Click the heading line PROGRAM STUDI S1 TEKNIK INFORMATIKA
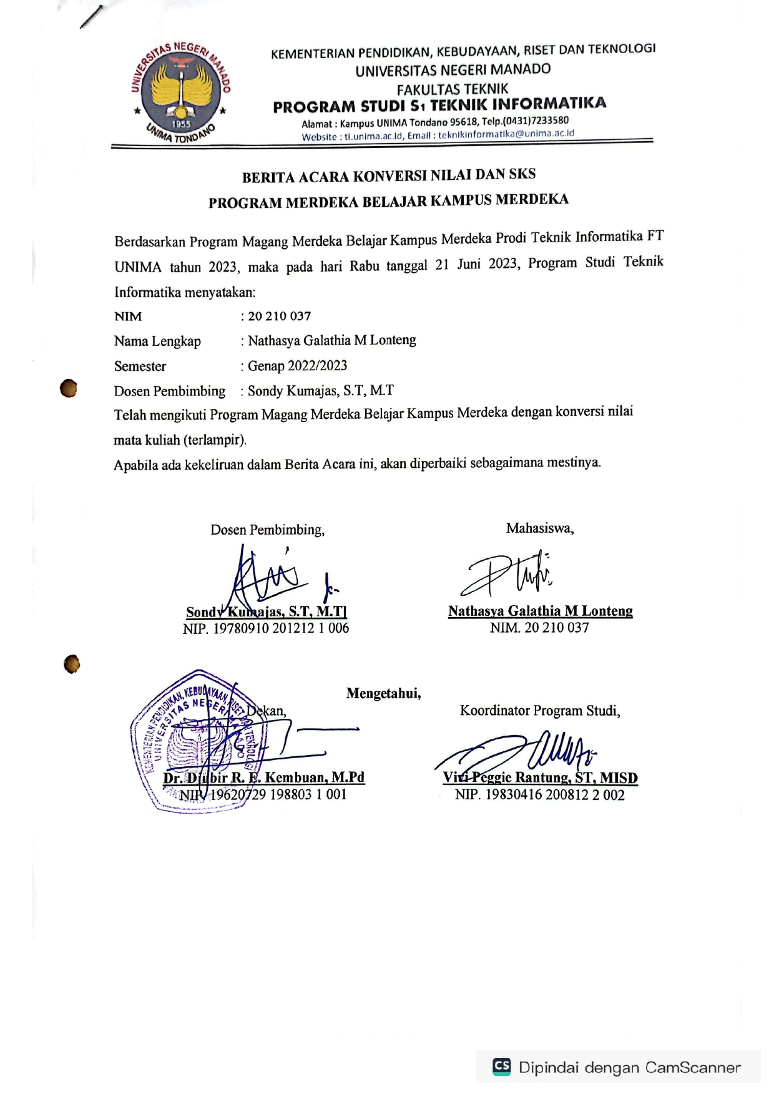439,105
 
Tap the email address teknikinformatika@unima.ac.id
506,134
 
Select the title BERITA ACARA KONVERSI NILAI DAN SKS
389,175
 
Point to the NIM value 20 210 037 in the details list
280,316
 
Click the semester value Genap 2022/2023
297,365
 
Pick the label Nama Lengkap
157,341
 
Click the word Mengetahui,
383,693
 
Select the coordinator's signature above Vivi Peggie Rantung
524,753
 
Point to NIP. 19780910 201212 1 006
266,628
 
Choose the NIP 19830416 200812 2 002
539,794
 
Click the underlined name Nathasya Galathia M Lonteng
540,611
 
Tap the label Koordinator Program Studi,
540,711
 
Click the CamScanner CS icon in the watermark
502,1066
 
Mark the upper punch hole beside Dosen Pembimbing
69,388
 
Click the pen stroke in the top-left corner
91,17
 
